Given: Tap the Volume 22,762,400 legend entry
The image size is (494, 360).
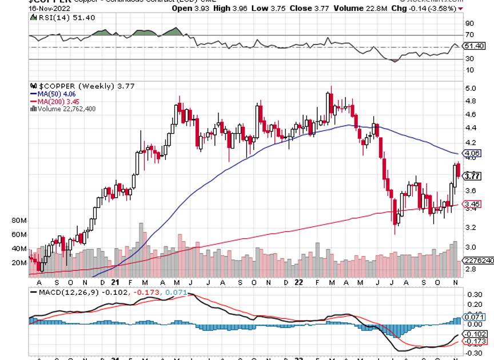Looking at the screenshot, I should tap(65, 109).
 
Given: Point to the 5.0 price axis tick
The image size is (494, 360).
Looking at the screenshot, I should tap(470, 89).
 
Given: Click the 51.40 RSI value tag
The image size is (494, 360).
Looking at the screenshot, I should tap(474, 46).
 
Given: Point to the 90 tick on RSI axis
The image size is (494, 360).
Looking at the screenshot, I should tap(470, 23).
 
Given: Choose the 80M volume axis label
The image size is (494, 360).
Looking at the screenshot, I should tap(19, 220).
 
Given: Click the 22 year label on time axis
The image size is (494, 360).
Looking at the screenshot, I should tap(298, 282).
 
